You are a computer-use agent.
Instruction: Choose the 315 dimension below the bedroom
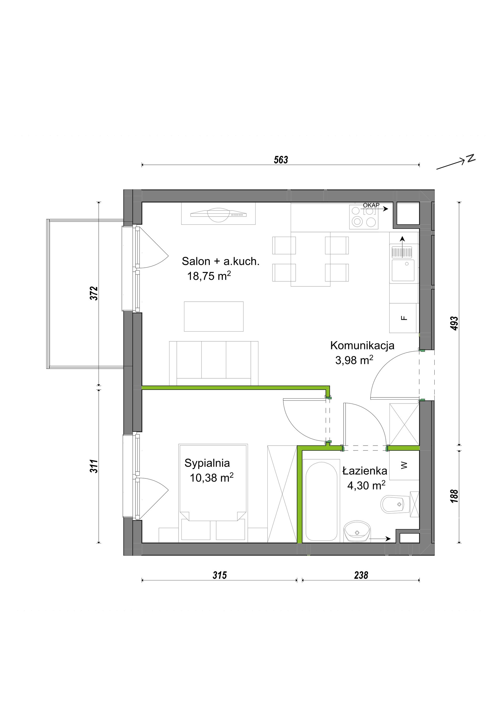[x=220, y=575]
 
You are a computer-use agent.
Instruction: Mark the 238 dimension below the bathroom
[x=361, y=575]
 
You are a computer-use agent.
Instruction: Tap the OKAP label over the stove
[x=371, y=205]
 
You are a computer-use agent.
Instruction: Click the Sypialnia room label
[x=207, y=463]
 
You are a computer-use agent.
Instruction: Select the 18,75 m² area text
[x=209, y=276]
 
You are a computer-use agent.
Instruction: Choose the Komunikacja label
[x=362, y=345]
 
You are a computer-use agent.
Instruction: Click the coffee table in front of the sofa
[x=214, y=316]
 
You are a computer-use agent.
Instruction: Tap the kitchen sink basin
[x=403, y=270]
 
